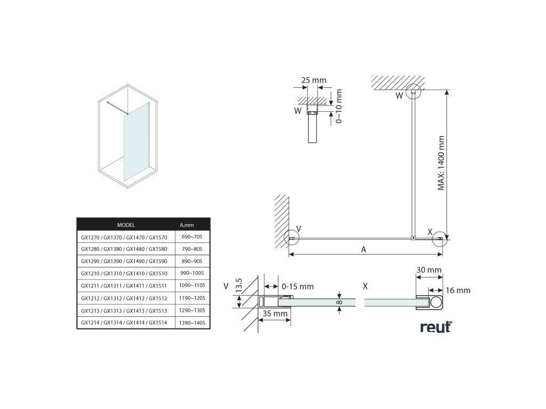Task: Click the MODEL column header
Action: pos(125,225)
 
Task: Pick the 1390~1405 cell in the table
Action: pos(192,323)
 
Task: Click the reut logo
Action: pos(435,326)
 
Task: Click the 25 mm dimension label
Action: pos(314,80)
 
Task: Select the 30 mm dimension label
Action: pos(429,270)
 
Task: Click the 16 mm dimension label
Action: pos(459,290)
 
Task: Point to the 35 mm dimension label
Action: pos(275,314)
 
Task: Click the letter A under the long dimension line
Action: pos(363,249)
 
